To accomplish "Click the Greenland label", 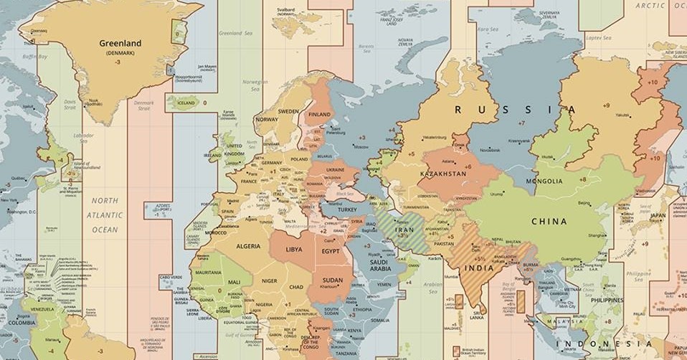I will pos(120,43).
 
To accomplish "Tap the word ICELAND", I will pos(186,103).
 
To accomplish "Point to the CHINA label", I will pos(549,222).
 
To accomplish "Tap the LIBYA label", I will pos(294,250).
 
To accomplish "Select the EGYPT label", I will pos(331,252).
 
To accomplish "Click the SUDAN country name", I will pos(333,280).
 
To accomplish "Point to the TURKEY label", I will pos(347,209).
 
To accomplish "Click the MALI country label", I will pos(234,282).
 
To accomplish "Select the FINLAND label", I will pos(319,115).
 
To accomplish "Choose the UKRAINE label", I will pos(335,170).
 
